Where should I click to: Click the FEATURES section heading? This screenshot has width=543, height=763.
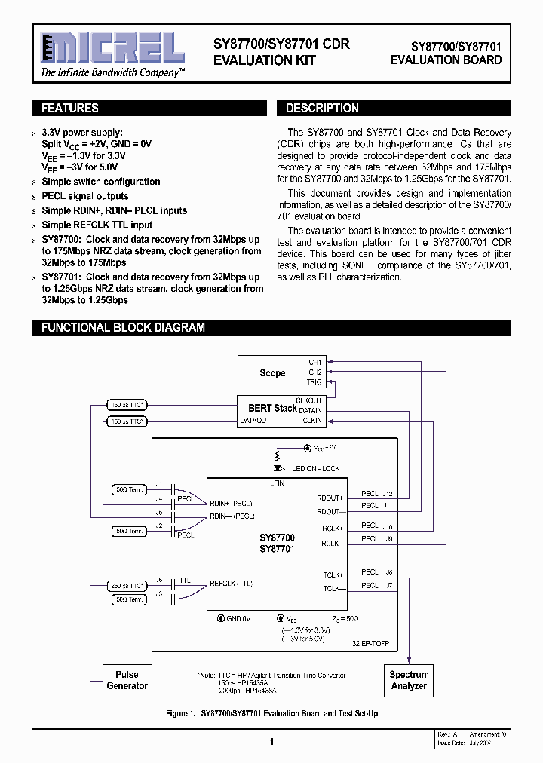point(70,108)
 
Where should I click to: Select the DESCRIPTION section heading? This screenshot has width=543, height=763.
point(322,108)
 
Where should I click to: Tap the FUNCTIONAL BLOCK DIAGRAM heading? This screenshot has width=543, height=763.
point(123,327)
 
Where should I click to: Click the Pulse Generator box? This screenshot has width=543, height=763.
point(127,680)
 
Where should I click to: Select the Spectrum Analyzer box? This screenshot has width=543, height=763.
point(409,680)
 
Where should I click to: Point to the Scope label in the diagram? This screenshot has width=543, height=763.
point(272,373)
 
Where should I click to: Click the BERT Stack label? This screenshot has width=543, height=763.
point(274,408)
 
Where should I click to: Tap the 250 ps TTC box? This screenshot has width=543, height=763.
point(127,585)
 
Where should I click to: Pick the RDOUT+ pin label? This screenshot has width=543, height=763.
point(331,498)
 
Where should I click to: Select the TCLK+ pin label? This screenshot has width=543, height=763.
point(333,575)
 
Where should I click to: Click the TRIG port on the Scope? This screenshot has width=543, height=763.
point(314,382)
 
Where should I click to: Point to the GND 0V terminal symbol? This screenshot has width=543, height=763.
point(220,617)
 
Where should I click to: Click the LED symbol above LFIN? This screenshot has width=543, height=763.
point(278,455)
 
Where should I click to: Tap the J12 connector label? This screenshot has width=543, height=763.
point(388,494)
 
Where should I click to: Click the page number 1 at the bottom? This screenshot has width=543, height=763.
point(271,742)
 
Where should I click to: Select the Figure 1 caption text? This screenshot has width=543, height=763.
point(271,713)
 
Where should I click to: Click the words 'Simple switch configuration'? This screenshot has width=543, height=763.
point(101,182)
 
